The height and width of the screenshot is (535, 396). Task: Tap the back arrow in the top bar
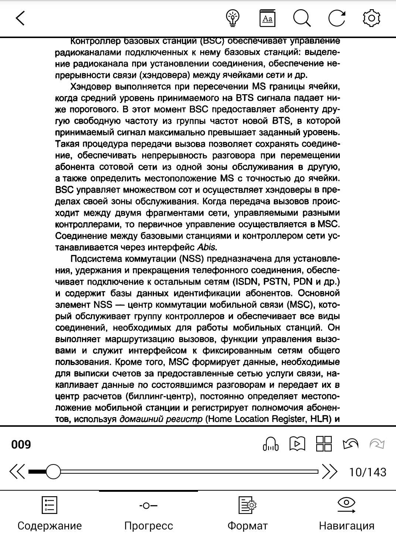point(21,18)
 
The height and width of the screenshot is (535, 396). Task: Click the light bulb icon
point(233,18)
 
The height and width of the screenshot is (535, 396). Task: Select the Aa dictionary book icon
point(267,18)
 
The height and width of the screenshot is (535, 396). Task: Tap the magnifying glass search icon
point(302,18)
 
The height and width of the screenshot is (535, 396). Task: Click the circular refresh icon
point(337,18)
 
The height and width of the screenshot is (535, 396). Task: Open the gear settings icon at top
point(372,18)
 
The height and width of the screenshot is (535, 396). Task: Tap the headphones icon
point(270,444)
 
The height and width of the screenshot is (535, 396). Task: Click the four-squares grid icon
point(324,444)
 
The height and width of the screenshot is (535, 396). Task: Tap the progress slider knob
point(54,472)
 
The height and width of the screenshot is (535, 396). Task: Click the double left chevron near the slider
point(17,472)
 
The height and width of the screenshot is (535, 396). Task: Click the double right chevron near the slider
point(330,472)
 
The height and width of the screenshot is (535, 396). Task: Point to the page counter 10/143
point(368,472)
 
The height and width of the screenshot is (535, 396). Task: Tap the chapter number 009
point(21,444)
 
